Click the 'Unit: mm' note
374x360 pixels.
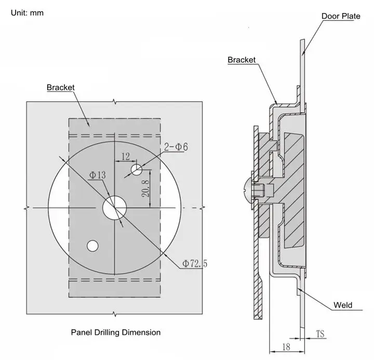(x=27, y=12)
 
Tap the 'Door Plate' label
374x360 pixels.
(x=341, y=16)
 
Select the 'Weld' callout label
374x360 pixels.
(x=343, y=305)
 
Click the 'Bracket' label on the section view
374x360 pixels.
(x=242, y=60)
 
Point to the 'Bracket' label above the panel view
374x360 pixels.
(x=61, y=87)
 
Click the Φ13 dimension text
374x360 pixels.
(x=97, y=175)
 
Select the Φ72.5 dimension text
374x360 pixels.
(x=195, y=263)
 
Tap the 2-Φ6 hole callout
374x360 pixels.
(x=176, y=146)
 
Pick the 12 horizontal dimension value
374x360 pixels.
(x=126, y=156)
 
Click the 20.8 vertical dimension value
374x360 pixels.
(x=146, y=189)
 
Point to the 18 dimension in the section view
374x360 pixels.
(x=286, y=346)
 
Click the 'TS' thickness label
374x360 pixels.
(x=320, y=334)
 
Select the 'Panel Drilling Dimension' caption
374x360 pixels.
(x=116, y=332)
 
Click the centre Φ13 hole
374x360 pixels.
(x=114, y=208)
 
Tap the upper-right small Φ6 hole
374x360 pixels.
(x=137, y=170)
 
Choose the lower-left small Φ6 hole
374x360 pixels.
(x=92, y=246)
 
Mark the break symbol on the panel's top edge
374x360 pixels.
(x=115, y=102)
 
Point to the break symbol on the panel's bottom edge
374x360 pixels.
(x=115, y=314)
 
